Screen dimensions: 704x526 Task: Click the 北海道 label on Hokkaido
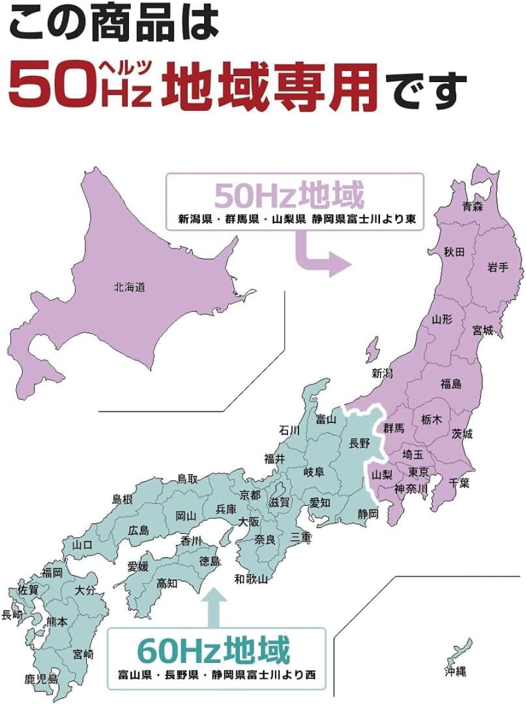[x=129, y=286]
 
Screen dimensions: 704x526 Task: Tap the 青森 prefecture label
[x=473, y=208]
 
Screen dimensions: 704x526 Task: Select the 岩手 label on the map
[x=497, y=266]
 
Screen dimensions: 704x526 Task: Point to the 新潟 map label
[x=383, y=374]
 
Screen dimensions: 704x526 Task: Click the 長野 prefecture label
[x=359, y=443]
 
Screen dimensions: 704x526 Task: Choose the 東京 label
[x=418, y=472]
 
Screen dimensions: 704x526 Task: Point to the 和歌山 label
[x=252, y=578]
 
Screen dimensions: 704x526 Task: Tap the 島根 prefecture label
[x=123, y=499]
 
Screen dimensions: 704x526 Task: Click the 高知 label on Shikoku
[x=168, y=583]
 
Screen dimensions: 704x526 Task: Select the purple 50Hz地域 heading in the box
[x=289, y=195]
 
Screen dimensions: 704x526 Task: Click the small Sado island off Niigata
[x=372, y=351]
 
